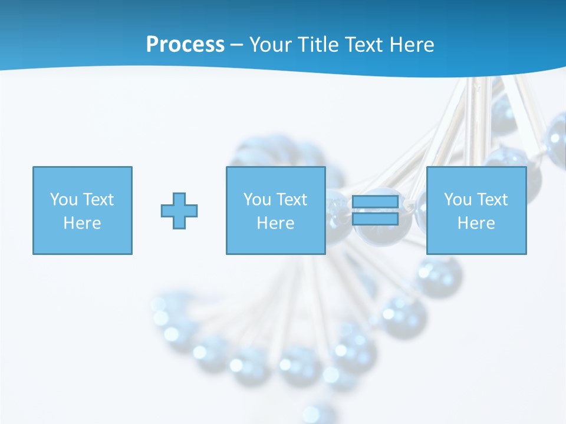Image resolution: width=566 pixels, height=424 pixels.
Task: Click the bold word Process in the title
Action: coord(185,45)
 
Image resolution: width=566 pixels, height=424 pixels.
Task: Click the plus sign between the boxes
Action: coord(179,210)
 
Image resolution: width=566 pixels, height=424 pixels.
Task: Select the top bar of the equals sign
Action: coord(375,202)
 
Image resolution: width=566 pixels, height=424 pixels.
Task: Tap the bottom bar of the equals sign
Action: coord(375,219)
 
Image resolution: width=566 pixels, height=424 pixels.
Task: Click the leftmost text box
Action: coord(83,210)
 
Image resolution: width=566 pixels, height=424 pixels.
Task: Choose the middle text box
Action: coord(275,210)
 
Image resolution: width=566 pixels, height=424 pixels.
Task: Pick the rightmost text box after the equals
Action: coord(476,210)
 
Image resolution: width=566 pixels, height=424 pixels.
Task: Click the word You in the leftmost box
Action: coord(64,200)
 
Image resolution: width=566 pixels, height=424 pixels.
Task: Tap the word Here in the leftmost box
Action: coord(83,223)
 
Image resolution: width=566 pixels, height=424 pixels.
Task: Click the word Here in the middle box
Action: coord(275,223)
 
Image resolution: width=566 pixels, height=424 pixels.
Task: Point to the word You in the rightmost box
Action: coord(458,200)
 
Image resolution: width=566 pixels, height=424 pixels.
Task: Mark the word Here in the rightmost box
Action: coord(476,223)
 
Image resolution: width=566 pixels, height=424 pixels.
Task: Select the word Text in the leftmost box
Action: coord(98,200)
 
